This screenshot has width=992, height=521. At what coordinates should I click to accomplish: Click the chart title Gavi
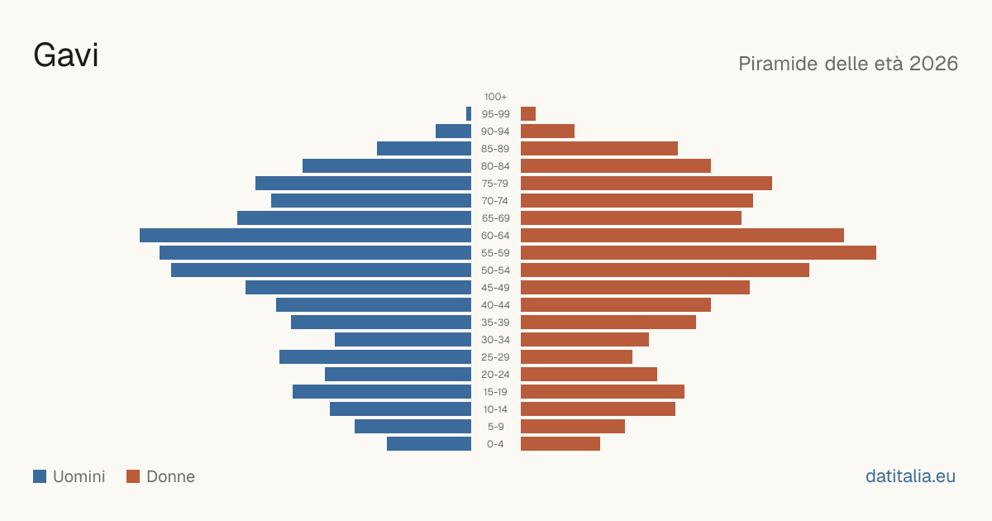[x=65, y=55]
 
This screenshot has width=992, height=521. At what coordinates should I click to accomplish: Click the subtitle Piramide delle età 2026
[x=848, y=64]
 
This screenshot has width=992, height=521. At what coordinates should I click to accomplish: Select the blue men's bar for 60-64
[x=306, y=235]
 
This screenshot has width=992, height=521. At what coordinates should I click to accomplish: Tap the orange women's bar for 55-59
[x=699, y=252]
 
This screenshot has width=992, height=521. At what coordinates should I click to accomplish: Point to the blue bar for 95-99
[x=469, y=114]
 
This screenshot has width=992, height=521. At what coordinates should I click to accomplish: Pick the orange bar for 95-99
[x=528, y=114]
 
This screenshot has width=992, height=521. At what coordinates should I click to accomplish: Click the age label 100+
[x=495, y=97]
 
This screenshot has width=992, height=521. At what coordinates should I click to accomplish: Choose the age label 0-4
[x=495, y=444]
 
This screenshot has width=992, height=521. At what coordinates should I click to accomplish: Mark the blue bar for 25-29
[x=375, y=357]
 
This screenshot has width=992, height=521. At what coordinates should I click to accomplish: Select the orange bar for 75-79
[x=646, y=184]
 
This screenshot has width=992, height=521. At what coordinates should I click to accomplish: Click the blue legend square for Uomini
[x=40, y=476]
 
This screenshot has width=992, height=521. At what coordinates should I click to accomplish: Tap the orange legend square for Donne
[x=133, y=476]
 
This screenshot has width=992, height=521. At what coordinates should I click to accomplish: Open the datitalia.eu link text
[x=910, y=476]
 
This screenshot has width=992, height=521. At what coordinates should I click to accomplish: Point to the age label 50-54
[x=495, y=270]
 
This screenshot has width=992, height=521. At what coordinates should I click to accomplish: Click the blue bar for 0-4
[x=429, y=444]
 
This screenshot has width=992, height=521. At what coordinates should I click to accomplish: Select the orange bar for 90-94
[x=547, y=131]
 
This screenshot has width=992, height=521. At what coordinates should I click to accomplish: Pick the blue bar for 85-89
[x=424, y=148]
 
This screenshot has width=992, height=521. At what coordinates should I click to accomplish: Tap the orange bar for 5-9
[x=573, y=426]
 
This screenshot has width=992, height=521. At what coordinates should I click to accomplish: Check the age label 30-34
[x=495, y=340]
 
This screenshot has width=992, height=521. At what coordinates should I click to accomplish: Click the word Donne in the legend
[x=170, y=476]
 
